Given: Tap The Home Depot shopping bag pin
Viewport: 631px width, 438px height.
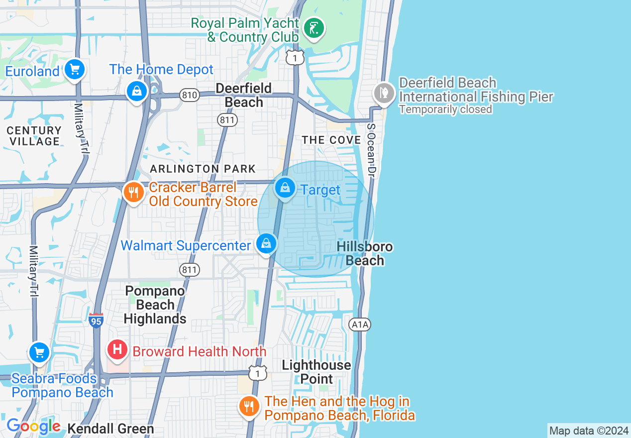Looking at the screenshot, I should (x=136, y=91).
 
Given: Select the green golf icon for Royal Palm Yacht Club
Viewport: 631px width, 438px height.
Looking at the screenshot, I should (x=314, y=28).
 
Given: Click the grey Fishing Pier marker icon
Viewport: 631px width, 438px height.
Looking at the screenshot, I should (x=384, y=93).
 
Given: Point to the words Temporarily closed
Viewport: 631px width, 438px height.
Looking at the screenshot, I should (x=445, y=109).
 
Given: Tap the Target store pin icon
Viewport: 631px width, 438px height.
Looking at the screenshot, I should (x=285, y=188).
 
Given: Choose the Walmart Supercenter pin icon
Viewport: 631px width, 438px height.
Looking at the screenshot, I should (x=267, y=244).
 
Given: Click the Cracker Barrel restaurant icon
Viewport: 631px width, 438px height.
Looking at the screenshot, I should (x=133, y=192).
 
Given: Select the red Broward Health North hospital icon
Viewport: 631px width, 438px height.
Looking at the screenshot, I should (x=117, y=350).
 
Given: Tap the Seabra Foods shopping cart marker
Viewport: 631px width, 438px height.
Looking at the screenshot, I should (x=39, y=352).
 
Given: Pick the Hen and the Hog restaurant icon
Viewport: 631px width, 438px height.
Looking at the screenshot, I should (x=249, y=406).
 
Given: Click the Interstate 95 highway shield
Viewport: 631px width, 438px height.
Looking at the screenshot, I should (x=96, y=321).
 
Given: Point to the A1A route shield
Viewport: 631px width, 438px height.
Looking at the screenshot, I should (x=360, y=325).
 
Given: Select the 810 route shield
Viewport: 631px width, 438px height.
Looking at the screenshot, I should (x=190, y=95).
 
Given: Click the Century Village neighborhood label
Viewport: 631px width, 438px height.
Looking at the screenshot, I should (x=34, y=136).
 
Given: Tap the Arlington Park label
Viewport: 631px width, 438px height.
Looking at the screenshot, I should (x=203, y=169).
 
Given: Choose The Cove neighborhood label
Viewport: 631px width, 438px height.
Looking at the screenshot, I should (x=331, y=140).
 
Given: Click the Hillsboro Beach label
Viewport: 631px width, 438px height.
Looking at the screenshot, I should (x=365, y=254).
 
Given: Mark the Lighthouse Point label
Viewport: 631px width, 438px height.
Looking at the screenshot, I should (x=316, y=372).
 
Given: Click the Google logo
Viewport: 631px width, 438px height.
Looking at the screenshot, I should (x=33, y=427).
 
